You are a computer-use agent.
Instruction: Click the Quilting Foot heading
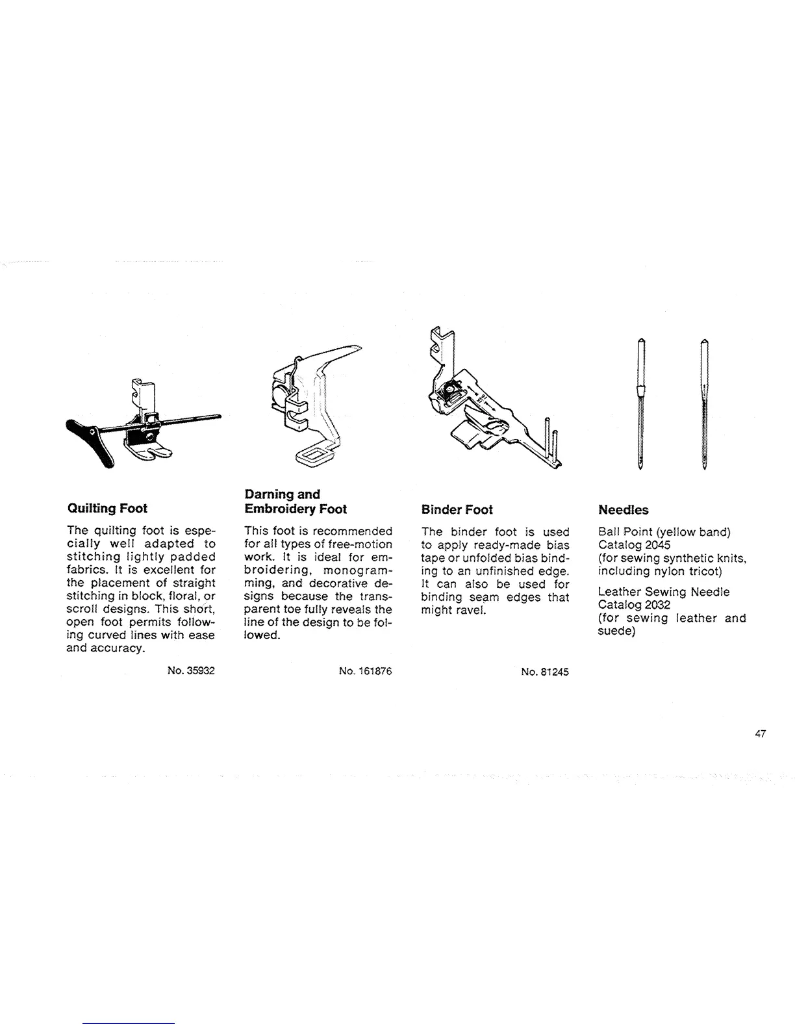(x=107, y=508)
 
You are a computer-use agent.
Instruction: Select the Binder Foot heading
(x=457, y=509)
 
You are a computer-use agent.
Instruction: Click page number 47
(x=761, y=734)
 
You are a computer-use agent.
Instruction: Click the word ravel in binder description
(x=468, y=610)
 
